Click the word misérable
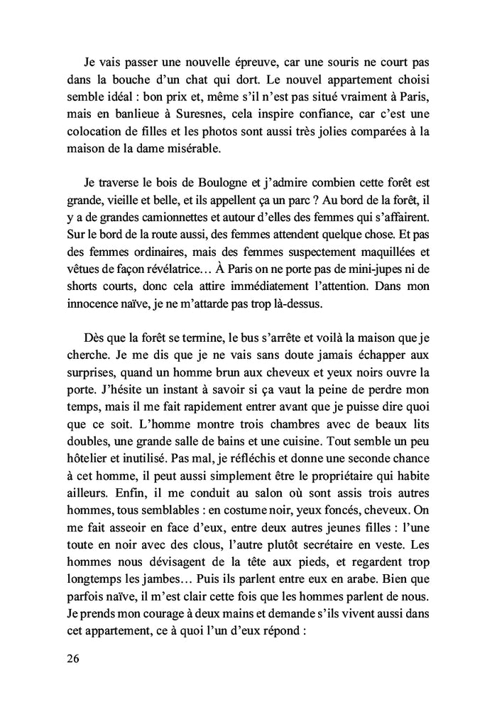click(218, 150)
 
